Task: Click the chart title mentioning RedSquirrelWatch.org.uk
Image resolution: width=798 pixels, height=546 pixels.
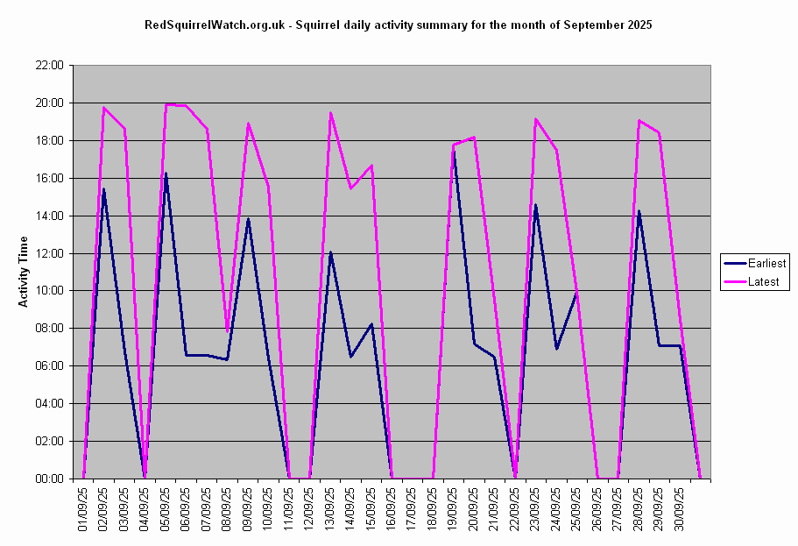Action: tap(398, 25)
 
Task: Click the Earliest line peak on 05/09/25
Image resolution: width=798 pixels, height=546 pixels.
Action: tap(166, 174)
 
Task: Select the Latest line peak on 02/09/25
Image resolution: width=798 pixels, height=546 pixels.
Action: tap(104, 108)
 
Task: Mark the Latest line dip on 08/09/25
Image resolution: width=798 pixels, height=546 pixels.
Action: tap(228, 332)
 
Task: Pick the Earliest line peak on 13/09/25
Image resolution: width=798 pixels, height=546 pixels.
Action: tap(330, 252)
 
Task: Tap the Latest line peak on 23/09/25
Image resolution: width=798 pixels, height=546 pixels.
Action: tap(536, 119)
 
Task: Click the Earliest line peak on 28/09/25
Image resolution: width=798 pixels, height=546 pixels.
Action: tap(639, 211)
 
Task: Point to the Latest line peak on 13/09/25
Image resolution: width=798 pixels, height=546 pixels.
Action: tap(330, 113)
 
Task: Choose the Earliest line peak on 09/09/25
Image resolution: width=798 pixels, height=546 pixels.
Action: tap(248, 219)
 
